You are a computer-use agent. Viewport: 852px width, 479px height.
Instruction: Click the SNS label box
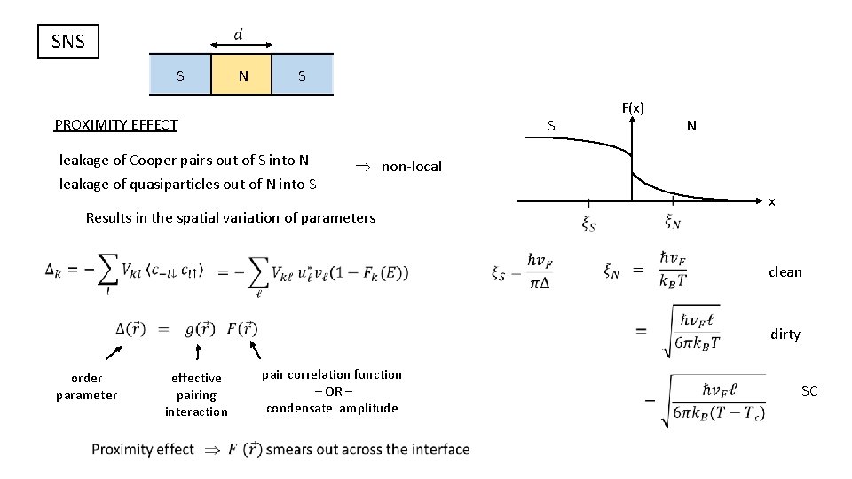(x=68, y=41)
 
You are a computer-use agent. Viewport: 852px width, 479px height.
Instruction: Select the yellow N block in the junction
(x=242, y=75)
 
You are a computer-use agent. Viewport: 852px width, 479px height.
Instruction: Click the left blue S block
(x=180, y=75)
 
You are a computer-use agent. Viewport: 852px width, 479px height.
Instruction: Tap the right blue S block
(x=302, y=75)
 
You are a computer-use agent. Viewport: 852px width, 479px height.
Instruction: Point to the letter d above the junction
(x=240, y=34)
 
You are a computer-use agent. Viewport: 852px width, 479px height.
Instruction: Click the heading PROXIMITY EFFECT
(x=116, y=124)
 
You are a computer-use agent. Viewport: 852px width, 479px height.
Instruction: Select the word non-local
(x=411, y=167)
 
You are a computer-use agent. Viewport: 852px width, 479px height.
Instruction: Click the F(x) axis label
(x=633, y=108)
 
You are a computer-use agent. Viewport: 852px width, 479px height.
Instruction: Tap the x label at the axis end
(x=772, y=202)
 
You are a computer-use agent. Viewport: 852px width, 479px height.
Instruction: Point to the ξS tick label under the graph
(x=588, y=224)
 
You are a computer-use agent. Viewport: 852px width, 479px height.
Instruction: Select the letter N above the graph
(x=691, y=126)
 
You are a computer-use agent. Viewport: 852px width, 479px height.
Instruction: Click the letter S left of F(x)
(x=551, y=126)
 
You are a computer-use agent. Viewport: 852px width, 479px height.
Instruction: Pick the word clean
(x=785, y=272)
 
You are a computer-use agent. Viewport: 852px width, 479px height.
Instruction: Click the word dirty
(x=785, y=334)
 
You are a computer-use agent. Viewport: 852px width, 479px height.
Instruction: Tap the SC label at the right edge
(x=809, y=391)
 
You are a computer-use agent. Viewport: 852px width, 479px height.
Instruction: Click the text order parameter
(x=86, y=387)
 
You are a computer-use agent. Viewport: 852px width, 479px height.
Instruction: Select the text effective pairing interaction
(x=196, y=395)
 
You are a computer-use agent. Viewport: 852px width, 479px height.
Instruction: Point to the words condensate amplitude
(x=332, y=408)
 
